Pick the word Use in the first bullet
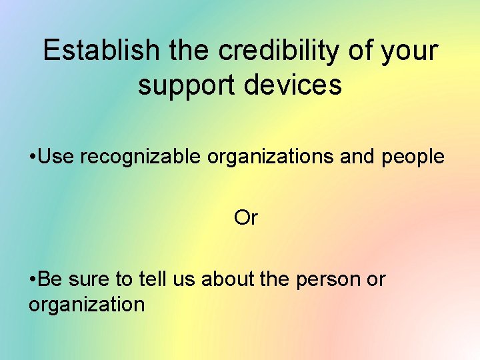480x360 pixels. click(57, 157)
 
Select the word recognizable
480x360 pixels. click(141, 157)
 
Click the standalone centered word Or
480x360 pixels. click(246, 218)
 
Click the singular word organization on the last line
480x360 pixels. click(87, 305)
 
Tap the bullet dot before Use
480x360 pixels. click(33, 157)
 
